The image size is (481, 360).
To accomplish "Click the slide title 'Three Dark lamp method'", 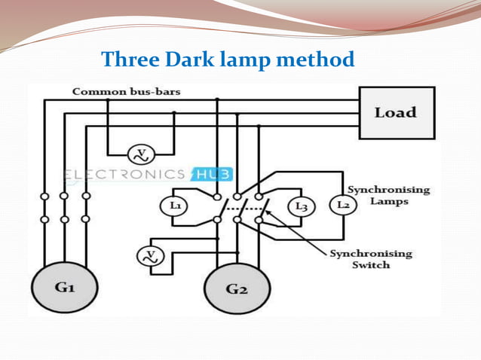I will pyautogui.click(x=227, y=59).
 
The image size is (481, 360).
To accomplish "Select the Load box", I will pyautogui.click(x=396, y=112).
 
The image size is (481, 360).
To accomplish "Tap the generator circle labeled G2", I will pyautogui.click(x=236, y=288).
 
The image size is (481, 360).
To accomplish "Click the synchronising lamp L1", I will pyautogui.click(x=175, y=205).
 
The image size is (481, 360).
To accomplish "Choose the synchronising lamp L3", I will pyautogui.click(x=302, y=206).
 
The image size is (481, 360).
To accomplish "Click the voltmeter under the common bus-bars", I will pyautogui.click(x=140, y=154).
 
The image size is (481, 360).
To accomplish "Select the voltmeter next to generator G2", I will pyautogui.click(x=149, y=256).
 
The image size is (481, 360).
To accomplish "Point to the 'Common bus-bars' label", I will pyautogui.click(x=126, y=92).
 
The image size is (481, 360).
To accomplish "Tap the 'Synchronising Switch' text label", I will pyautogui.click(x=371, y=259).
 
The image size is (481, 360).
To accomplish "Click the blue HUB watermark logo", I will pyautogui.click(x=213, y=175).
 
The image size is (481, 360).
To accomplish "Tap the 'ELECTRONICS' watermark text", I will pyautogui.click(x=124, y=175).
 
